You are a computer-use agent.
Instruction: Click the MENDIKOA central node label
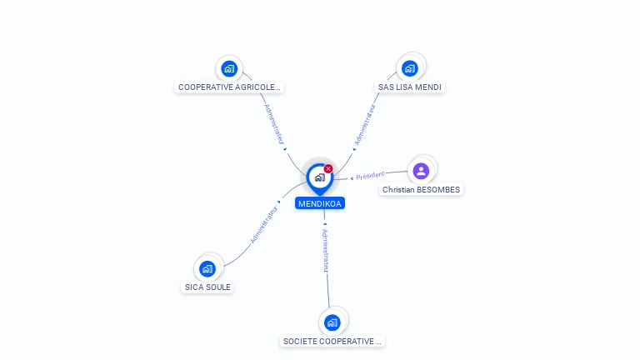[x=319, y=203]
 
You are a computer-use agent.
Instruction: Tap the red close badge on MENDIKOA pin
[x=328, y=168]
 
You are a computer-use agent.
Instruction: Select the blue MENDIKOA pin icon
[x=319, y=177]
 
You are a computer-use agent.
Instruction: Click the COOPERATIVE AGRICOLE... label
[x=230, y=87]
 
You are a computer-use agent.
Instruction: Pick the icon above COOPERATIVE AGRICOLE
[x=229, y=68]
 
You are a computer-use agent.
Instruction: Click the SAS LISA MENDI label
[x=410, y=87]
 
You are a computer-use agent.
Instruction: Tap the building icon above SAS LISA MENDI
[x=409, y=68]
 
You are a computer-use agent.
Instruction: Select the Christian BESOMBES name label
[x=421, y=190]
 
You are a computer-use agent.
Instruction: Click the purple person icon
[x=421, y=171]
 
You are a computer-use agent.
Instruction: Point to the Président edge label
[x=370, y=175]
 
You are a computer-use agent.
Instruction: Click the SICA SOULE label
[x=207, y=287]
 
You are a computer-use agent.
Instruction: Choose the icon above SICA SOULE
[x=207, y=268]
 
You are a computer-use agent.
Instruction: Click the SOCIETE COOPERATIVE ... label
[x=332, y=341]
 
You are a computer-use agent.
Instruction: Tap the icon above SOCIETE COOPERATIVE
[x=332, y=322]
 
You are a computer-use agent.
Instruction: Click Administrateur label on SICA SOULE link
[x=264, y=224]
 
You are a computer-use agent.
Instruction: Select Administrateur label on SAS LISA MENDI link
[x=365, y=125]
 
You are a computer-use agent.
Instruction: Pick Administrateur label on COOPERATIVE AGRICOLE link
[x=275, y=125]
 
